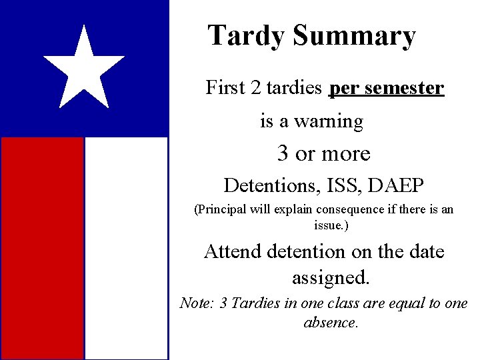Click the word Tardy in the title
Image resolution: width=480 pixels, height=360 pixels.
click(x=246, y=36)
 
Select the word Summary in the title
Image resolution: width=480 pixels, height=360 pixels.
click(x=354, y=36)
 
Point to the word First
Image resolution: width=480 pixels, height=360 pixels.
click(x=226, y=87)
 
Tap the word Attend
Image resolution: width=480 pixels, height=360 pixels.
click(x=233, y=251)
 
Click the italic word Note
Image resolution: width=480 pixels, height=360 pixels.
click(x=196, y=303)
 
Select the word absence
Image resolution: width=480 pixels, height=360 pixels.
click(x=331, y=323)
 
